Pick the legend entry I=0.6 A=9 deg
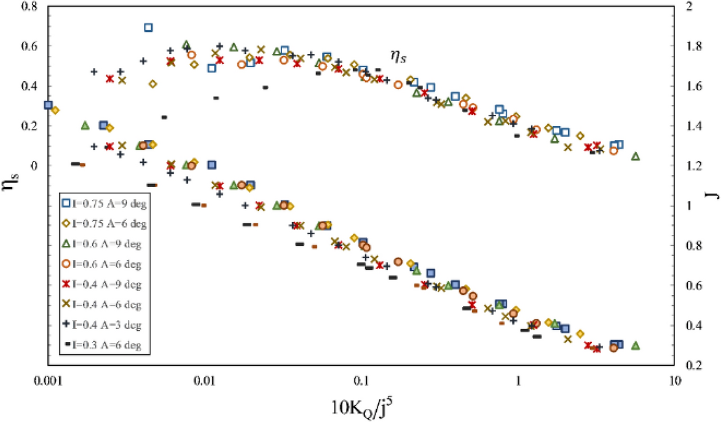pos(105,244)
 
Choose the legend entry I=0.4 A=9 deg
pos(105,284)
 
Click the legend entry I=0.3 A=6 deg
pos(105,346)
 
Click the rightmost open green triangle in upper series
pos(635,157)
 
